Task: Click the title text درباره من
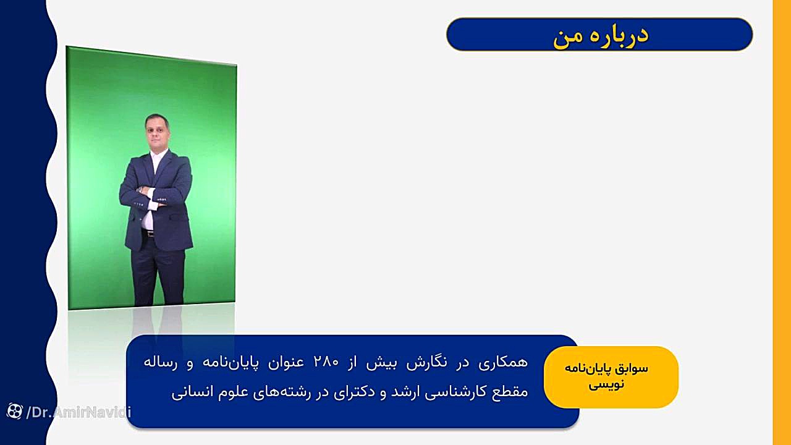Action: tap(601, 35)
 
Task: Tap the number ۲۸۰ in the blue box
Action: tap(326, 362)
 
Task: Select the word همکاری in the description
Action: tap(503, 362)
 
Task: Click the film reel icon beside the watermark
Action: tap(14, 411)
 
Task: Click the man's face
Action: tap(157, 132)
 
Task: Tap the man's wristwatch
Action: tap(141, 189)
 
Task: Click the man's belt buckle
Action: tap(150, 234)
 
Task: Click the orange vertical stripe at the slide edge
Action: tap(782, 222)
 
